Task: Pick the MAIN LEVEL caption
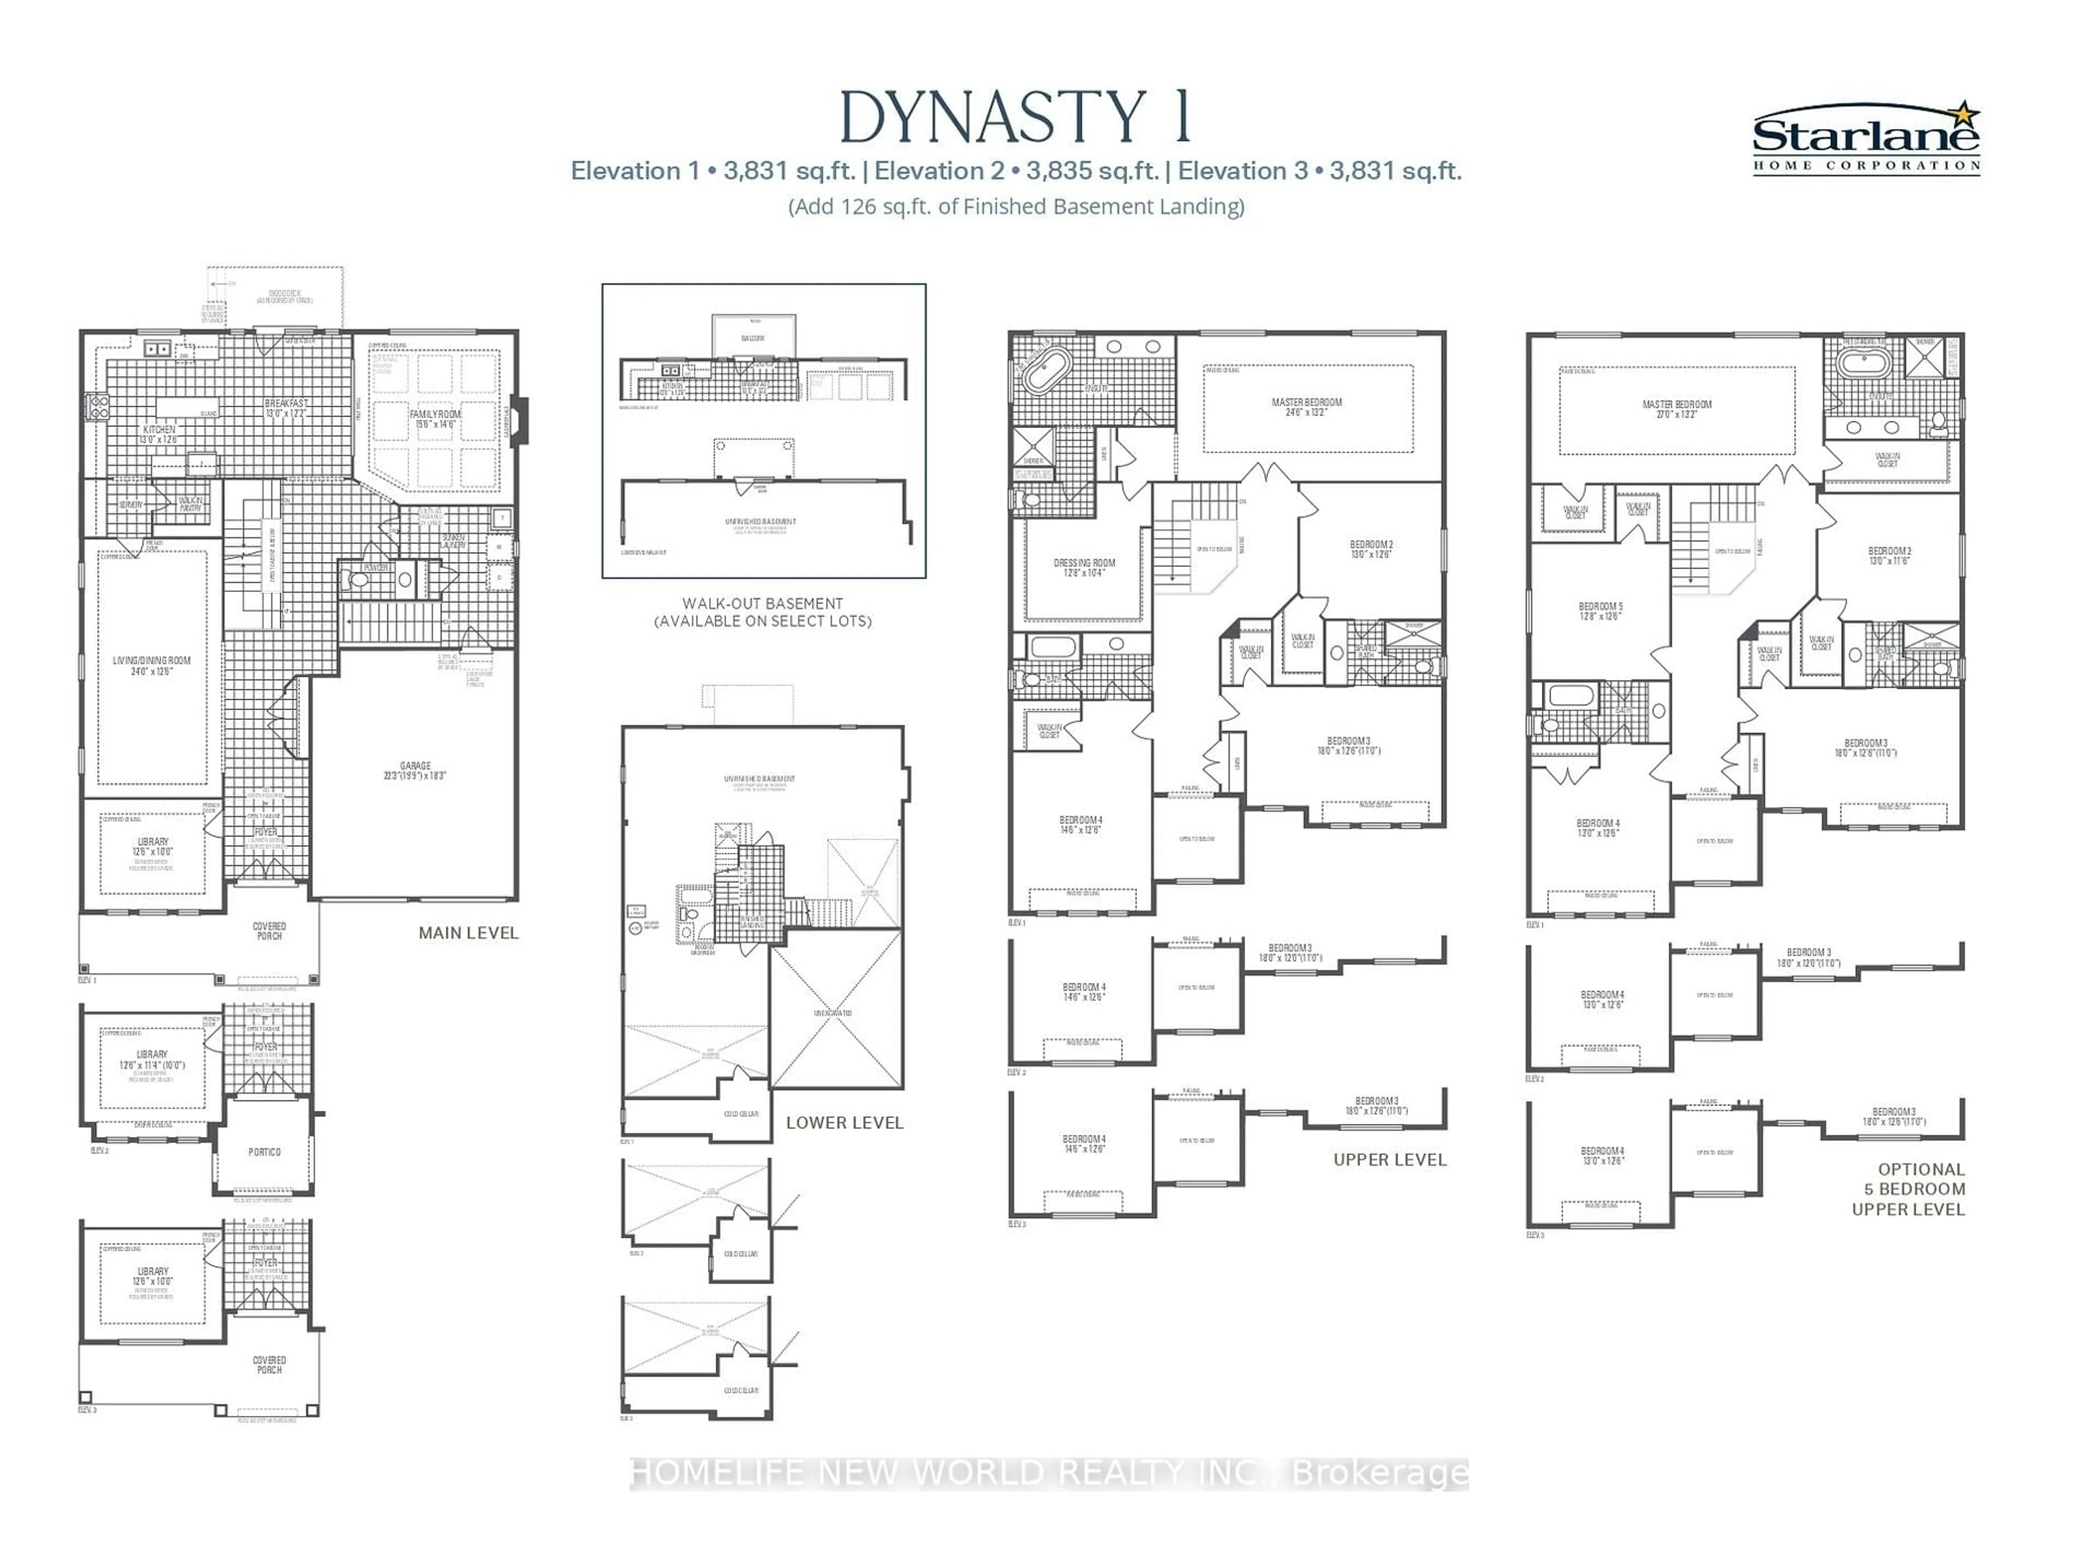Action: [468, 933]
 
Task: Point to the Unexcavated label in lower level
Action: [833, 1012]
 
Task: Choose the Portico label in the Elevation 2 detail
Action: [264, 1152]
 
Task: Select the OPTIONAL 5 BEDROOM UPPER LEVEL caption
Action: [1907, 1188]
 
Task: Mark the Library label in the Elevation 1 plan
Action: [152, 847]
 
